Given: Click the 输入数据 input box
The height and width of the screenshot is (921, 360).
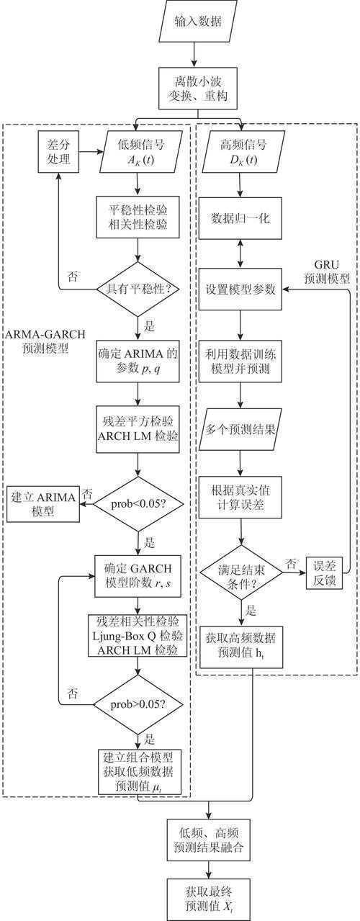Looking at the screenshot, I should (x=194, y=22).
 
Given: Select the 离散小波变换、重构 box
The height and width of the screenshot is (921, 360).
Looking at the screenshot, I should (x=194, y=89).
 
